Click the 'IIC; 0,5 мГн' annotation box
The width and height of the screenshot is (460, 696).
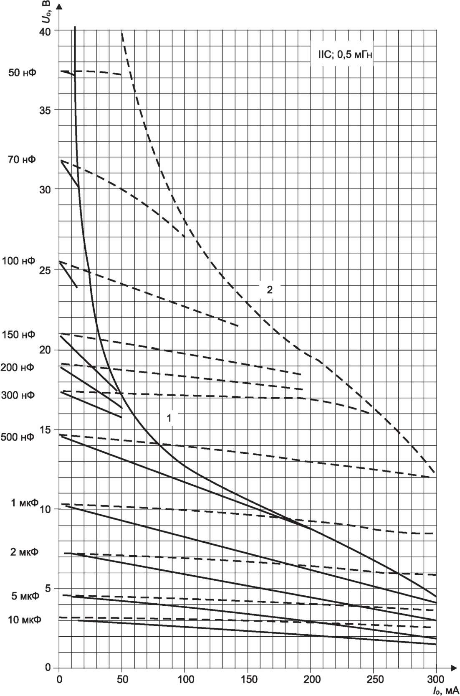coord(345,55)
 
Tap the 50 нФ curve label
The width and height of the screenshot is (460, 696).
coord(22,73)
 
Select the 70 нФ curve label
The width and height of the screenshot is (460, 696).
coord(22,160)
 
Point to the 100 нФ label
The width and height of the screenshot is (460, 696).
coord(19,261)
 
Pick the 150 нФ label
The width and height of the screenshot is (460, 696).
coord(18,335)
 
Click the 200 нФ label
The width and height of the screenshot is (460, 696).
coord(18,368)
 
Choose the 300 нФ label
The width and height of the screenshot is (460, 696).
coord(18,395)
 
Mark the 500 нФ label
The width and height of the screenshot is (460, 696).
coord(18,437)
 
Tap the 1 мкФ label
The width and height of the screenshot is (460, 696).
coord(25,503)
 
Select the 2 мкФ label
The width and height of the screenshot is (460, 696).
coord(24,552)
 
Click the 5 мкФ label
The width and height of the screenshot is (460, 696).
coord(25,596)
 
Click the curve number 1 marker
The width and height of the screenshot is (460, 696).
coord(169,418)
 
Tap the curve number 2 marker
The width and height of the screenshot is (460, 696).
coord(270,290)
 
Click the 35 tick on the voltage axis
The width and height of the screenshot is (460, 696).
coord(45,110)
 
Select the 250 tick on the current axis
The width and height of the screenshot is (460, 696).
coord(375,679)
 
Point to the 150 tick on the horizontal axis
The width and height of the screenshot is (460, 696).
coord(249,679)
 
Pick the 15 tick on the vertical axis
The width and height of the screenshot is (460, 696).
coord(45,430)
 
